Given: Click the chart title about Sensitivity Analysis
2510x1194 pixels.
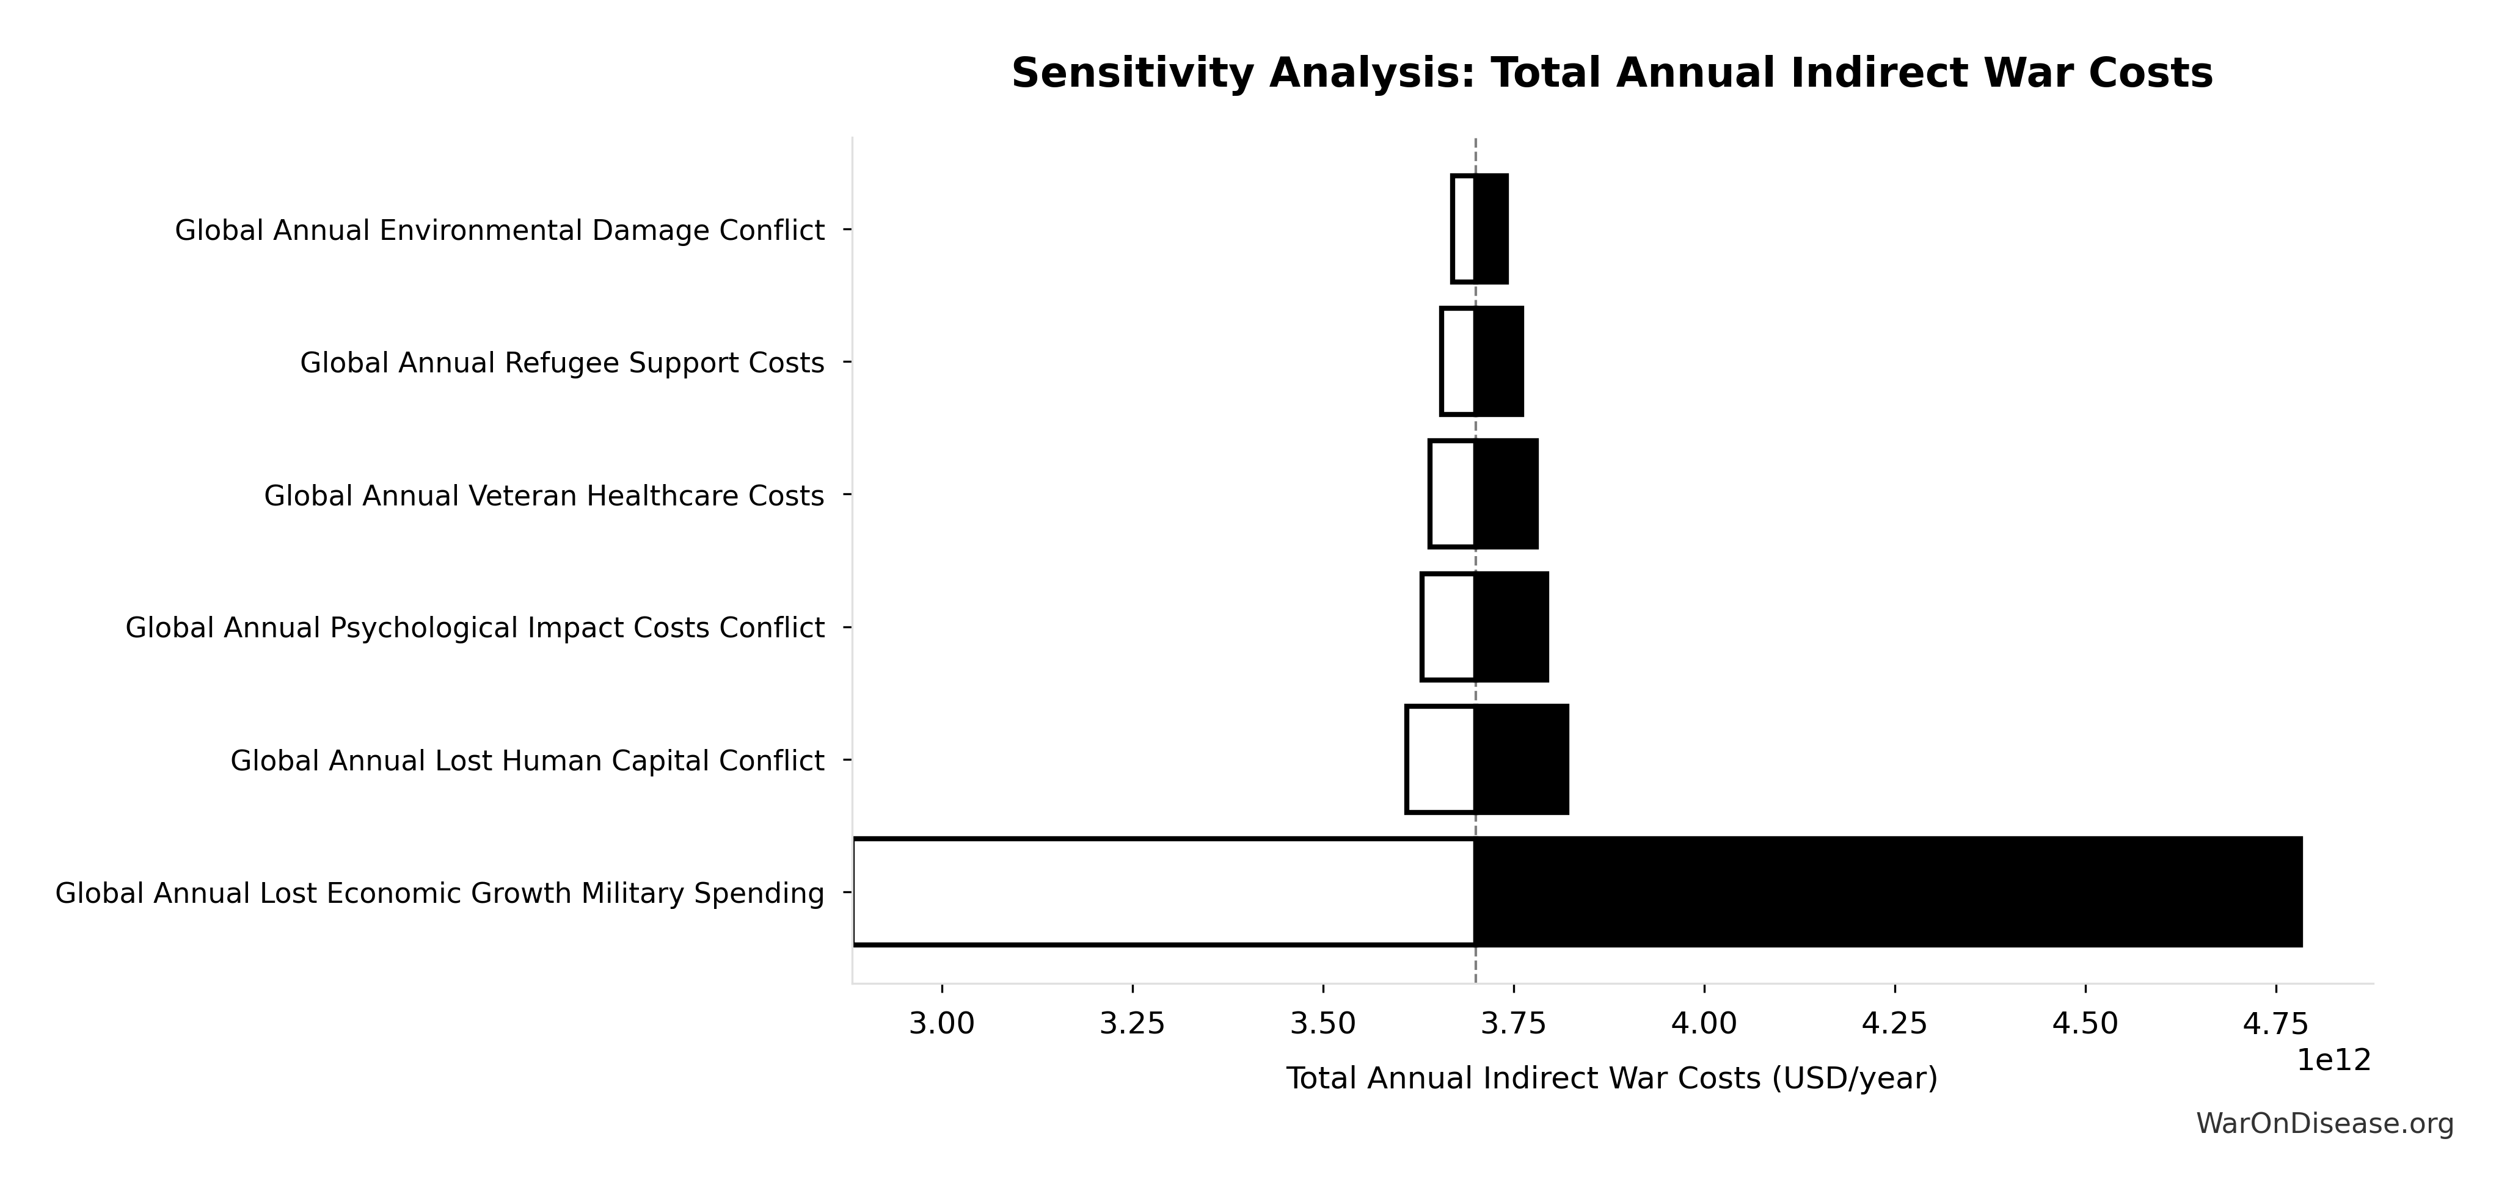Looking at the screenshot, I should tap(1611, 74).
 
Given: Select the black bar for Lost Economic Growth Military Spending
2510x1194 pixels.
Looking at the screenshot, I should tap(1888, 891).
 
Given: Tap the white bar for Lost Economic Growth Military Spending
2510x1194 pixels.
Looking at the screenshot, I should tap(1164, 891).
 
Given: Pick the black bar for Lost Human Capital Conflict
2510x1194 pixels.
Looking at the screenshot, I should tap(1521, 759).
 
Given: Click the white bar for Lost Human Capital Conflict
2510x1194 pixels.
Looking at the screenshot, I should tap(1440, 759).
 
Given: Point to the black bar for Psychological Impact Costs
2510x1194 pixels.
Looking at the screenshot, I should tap(1511, 626).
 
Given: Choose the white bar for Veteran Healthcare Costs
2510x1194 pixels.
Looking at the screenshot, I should tap(1452, 494).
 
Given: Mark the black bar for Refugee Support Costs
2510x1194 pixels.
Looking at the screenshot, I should tap(1498, 361).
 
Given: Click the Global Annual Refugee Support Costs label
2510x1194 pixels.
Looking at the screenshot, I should tap(562, 363).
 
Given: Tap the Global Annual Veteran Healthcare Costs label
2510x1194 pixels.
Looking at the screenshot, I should tap(544, 496).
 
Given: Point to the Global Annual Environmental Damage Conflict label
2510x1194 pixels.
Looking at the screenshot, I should tap(500, 231).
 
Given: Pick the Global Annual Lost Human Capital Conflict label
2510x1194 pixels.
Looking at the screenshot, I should tap(527, 761).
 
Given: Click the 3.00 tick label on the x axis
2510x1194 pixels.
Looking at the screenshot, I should tap(942, 1024).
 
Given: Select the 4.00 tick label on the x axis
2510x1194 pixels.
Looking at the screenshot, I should tap(1704, 1024).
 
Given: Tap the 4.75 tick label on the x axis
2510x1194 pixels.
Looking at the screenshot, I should tap(2276, 1024).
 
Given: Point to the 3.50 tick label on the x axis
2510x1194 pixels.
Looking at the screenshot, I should tap(1323, 1024).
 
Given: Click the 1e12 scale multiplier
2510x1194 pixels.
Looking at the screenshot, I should tap(2333, 1060).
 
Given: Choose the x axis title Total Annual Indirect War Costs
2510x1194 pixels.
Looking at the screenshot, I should tap(1611, 1078).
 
